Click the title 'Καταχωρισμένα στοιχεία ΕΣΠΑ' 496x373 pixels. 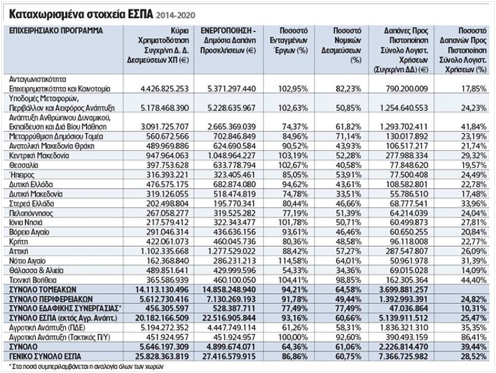[x=81, y=14]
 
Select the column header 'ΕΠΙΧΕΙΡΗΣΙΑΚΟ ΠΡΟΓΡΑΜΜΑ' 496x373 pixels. [x=56, y=31]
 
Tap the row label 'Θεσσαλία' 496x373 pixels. [x=24, y=165]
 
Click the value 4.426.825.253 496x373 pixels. [x=164, y=89]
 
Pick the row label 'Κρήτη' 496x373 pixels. [x=19, y=242]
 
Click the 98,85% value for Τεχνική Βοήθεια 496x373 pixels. [x=348, y=280]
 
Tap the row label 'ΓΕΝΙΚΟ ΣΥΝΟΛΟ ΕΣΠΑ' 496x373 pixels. [x=45, y=357]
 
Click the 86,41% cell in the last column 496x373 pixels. [x=473, y=337]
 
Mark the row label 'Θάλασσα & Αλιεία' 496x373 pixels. [x=36, y=270]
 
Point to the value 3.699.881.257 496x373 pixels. [x=404, y=290]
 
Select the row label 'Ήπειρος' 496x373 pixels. [x=22, y=175]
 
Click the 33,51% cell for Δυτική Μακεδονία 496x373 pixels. [x=348, y=194]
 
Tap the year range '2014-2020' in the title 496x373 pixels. [x=176, y=15]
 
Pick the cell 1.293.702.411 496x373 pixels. [x=404, y=126]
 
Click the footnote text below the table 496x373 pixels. [x=86, y=367]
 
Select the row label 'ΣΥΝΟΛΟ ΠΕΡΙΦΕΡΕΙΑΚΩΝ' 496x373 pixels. [x=51, y=299]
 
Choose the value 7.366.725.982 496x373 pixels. [x=404, y=357]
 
